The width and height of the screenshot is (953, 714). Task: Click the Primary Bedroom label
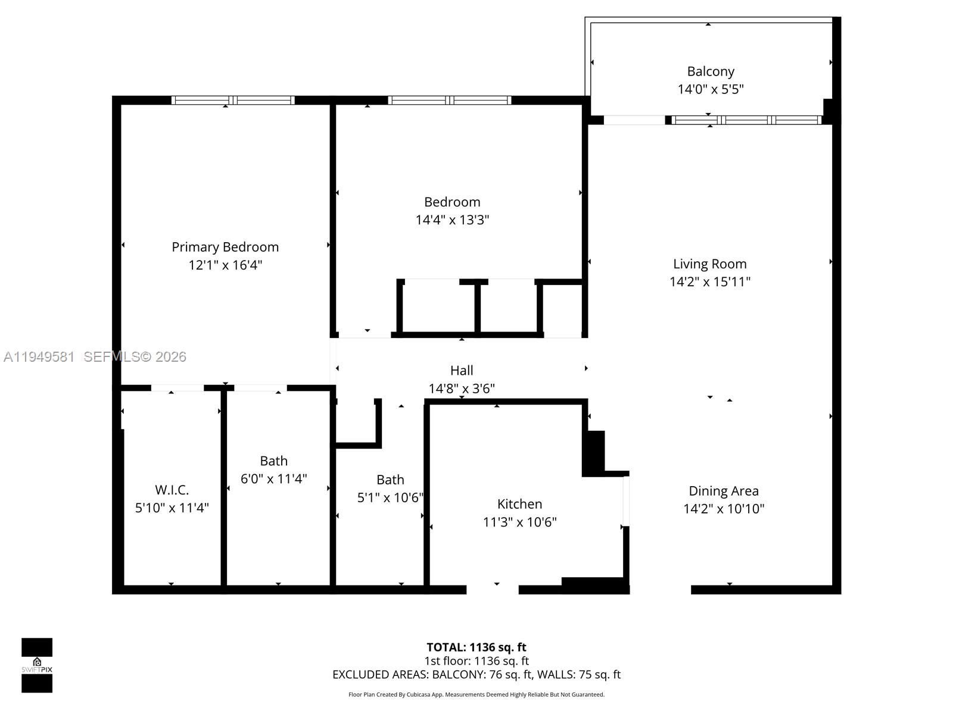225,247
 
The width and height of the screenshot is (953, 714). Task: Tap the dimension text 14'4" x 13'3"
452,220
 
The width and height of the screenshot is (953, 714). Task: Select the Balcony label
711,71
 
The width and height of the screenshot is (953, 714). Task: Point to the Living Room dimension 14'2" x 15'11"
709,282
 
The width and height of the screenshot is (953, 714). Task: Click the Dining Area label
724,491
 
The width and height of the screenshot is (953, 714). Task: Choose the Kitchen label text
519,504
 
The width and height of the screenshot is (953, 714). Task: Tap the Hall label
462,371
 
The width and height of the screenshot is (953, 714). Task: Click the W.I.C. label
172,490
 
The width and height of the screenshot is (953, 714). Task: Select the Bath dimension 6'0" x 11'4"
273,478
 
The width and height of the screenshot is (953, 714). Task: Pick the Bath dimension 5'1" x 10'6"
390,497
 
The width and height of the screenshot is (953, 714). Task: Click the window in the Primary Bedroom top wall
233,100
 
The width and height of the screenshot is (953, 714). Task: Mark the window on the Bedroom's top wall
450,100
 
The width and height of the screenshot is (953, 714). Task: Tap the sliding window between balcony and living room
746,120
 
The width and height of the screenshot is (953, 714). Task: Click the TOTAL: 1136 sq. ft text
476,647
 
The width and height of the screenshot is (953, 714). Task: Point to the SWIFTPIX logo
37,665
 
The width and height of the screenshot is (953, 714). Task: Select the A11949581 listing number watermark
39,357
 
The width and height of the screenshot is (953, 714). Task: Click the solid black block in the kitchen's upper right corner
593,452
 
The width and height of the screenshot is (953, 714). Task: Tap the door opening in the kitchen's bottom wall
493,590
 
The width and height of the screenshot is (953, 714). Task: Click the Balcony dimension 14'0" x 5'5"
711,89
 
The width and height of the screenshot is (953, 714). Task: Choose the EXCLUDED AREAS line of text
476,674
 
